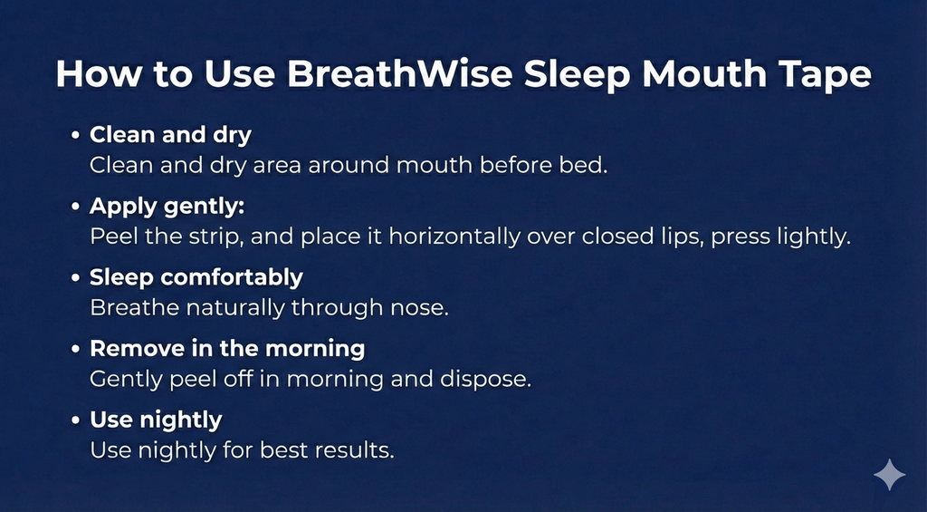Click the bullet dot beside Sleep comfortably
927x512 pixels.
tap(77, 277)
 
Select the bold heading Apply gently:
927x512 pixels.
tap(167, 206)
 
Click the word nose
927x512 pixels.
tap(423, 307)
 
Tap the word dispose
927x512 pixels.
tap(491, 378)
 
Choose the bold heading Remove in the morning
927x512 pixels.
tap(227, 348)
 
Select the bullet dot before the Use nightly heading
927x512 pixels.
tap(77, 420)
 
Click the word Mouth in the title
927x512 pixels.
tap(691, 74)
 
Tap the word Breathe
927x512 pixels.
tap(136, 307)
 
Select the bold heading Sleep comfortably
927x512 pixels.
tap(196, 277)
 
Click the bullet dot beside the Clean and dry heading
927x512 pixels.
tap(77, 136)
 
